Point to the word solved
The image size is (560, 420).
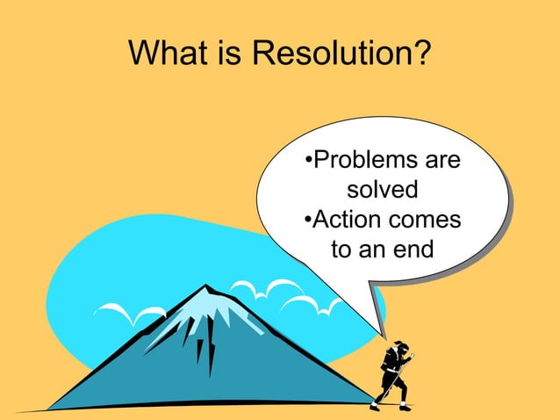[382, 190]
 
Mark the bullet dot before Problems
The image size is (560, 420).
[307, 163]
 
